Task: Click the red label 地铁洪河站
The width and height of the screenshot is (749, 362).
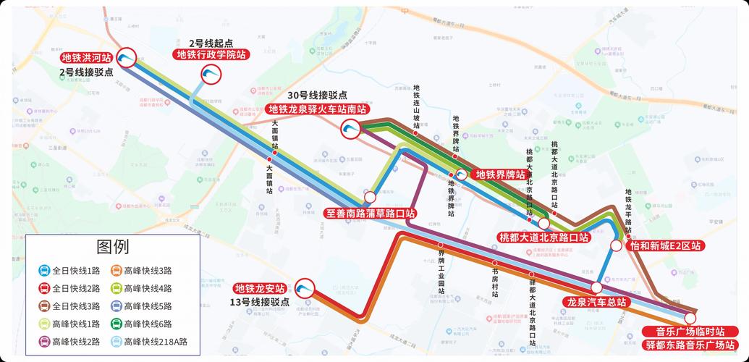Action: (x=86, y=57)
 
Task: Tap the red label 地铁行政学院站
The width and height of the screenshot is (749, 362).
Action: (x=211, y=54)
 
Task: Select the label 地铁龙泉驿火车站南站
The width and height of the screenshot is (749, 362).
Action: (x=317, y=109)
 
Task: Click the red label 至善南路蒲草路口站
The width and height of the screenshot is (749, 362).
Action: (x=370, y=214)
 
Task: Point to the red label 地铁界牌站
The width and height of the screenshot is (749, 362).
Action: (x=499, y=174)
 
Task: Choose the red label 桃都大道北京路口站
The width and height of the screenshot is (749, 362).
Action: (x=543, y=237)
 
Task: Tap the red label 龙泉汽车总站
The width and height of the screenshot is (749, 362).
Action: (x=596, y=301)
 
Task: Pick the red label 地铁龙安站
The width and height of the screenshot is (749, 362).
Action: (x=261, y=288)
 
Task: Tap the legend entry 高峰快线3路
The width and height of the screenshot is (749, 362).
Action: (x=148, y=271)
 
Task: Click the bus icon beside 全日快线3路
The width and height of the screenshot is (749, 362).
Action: (x=44, y=306)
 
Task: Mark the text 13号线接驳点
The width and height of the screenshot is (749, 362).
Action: (x=260, y=302)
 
